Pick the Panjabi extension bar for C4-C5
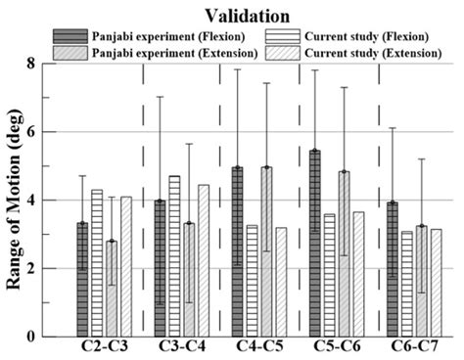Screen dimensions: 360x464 tap(267, 251)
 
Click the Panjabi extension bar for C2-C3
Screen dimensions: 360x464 tap(112, 289)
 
